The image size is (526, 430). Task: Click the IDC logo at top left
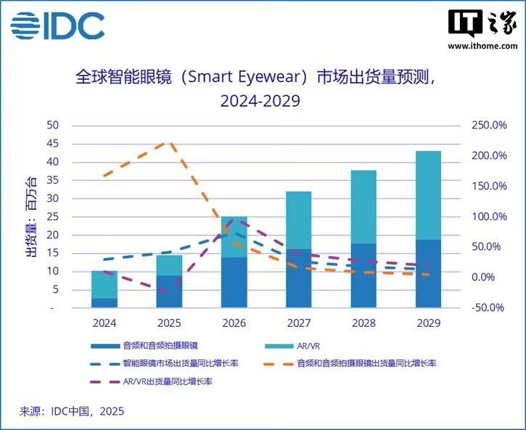click(57, 25)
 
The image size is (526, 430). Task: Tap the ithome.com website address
click(482, 46)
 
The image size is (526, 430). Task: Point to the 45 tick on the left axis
click(52, 144)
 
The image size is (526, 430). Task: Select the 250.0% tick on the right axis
click(490, 126)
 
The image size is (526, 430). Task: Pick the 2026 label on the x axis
click(233, 322)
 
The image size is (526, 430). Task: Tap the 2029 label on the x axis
click(428, 322)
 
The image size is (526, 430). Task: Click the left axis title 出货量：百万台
click(30, 216)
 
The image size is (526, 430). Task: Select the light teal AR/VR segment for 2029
click(428, 195)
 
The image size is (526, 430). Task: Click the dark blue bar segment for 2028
click(363, 276)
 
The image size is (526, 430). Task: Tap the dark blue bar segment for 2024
click(104, 303)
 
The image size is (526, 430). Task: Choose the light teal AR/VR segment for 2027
click(298, 220)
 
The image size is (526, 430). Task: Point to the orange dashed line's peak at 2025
click(168, 143)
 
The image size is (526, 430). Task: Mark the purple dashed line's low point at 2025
click(168, 292)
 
